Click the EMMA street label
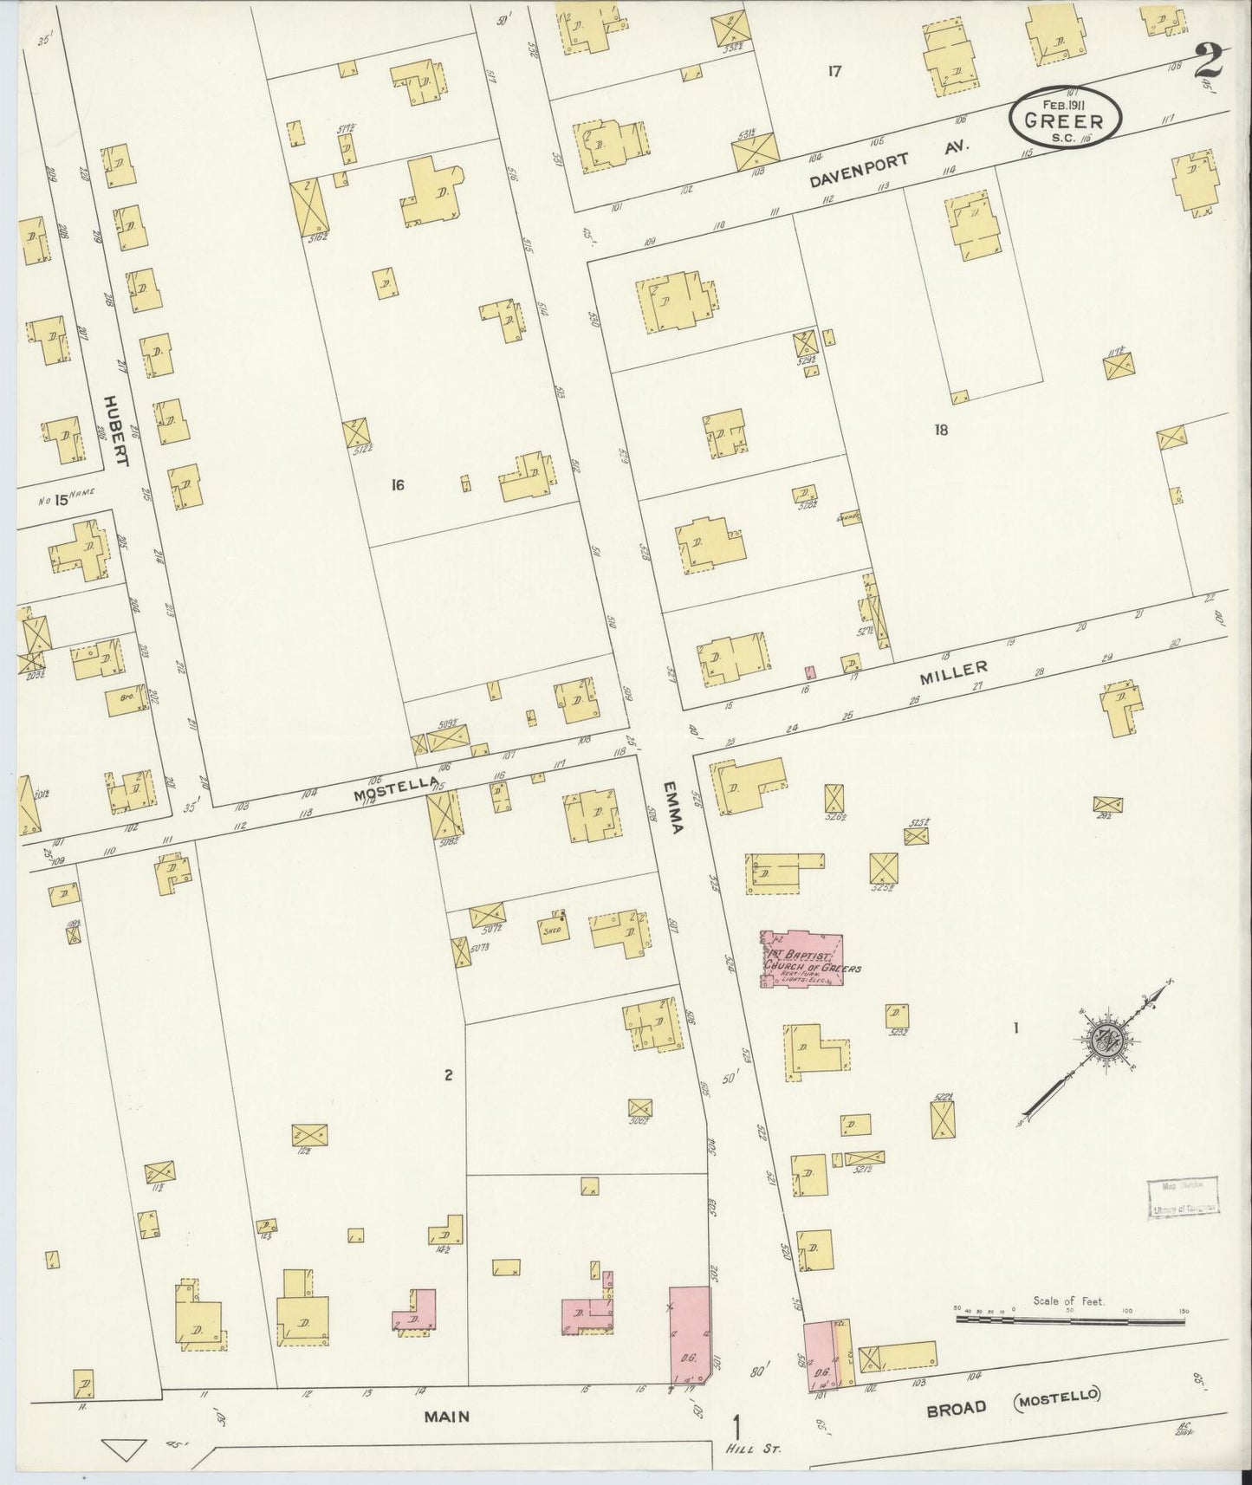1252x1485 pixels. pos(673,806)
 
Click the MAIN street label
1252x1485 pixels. pos(446,1417)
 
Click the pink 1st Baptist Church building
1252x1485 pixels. pos(801,960)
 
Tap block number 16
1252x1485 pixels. pos(397,485)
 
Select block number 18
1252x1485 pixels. pos(943,429)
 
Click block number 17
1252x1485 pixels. pos(834,72)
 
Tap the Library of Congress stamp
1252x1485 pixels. pos(1183,1199)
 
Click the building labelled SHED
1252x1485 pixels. pos(552,929)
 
